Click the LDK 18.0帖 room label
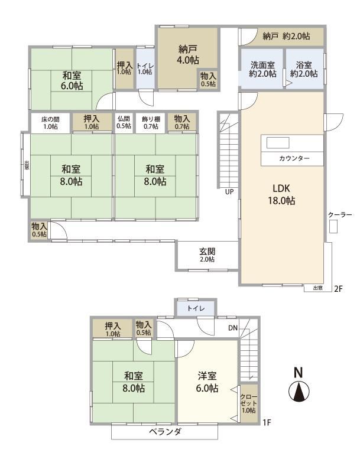coord(281,194)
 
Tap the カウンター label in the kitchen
coord(294,158)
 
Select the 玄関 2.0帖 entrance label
coord(207,255)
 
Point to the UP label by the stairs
coord(229,191)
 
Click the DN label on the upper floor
coord(233,328)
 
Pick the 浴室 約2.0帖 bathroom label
coord(304,69)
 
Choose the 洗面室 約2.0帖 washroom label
coord(262,69)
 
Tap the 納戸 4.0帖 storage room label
coord(188,55)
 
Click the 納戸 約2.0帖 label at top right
coord(286,36)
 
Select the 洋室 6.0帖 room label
coord(207,382)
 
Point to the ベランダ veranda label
coord(165,432)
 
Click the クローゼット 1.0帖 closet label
coord(249,403)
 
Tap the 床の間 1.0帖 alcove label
coord(50,123)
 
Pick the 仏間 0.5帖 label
coord(124,122)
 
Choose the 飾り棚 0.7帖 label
coord(151,123)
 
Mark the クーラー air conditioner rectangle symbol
coord(333,226)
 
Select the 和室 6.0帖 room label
coord(72,80)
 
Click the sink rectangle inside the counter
coord(278,143)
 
